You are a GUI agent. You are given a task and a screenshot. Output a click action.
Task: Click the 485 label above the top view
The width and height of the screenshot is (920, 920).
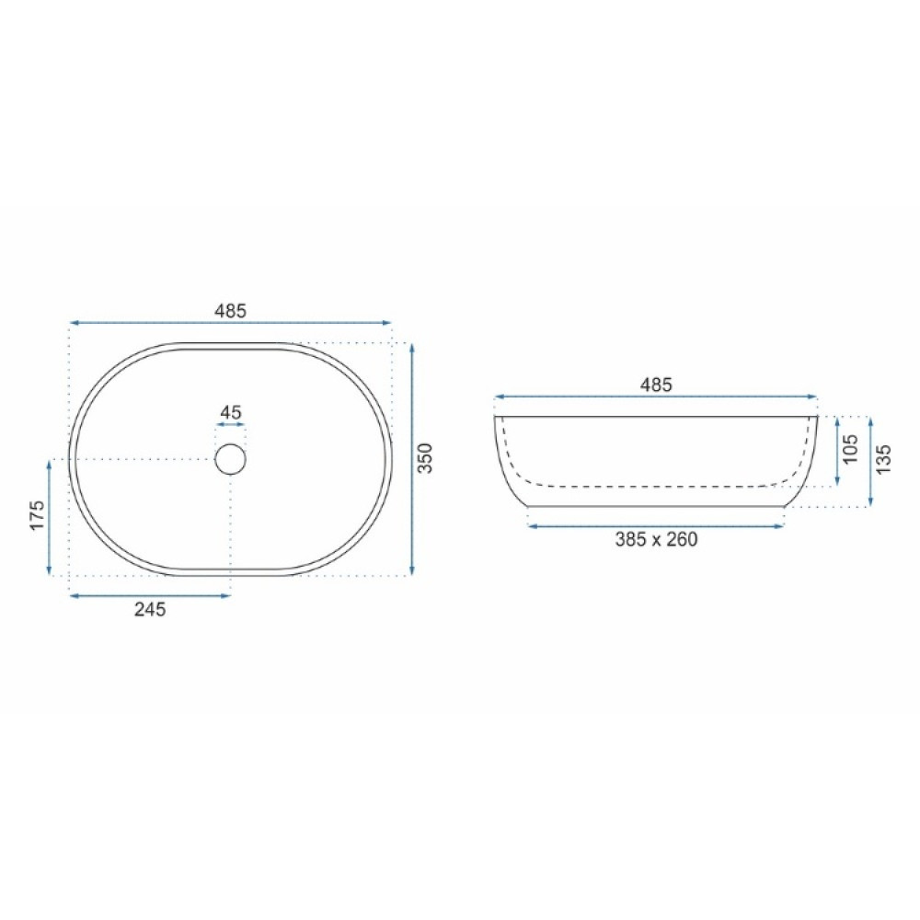coord(230,311)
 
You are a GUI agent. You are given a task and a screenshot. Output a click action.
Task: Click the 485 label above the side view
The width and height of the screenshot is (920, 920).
coord(655,385)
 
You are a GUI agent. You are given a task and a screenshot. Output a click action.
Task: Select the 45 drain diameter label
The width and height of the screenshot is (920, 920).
coord(231,412)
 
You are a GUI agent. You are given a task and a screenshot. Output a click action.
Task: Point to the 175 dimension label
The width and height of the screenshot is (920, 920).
coord(37,515)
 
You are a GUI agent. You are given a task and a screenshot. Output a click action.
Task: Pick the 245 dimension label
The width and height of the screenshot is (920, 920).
coord(150,610)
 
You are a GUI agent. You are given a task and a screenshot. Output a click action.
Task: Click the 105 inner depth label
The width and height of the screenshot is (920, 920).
coord(851,449)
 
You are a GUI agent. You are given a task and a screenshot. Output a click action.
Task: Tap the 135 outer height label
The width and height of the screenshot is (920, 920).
coord(883,459)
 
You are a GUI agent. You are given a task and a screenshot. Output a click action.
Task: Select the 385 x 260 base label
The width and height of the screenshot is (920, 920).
coord(656,539)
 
